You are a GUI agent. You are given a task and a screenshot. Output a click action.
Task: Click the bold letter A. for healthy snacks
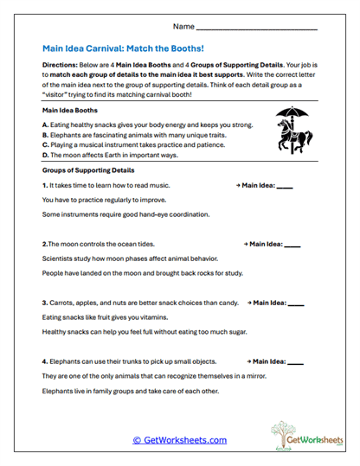(x=44, y=124)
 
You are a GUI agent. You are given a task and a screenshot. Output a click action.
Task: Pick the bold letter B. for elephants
(x=44, y=134)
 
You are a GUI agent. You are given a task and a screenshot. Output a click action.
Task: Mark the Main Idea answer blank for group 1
(x=285, y=187)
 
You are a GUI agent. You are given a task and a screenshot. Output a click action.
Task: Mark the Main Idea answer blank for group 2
(x=292, y=245)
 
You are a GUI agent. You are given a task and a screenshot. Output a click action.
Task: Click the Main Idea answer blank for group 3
(x=296, y=303)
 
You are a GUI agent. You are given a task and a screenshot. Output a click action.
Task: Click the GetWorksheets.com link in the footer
(x=179, y=440)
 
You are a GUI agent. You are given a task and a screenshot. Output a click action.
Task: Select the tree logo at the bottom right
(x=295, y=434)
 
